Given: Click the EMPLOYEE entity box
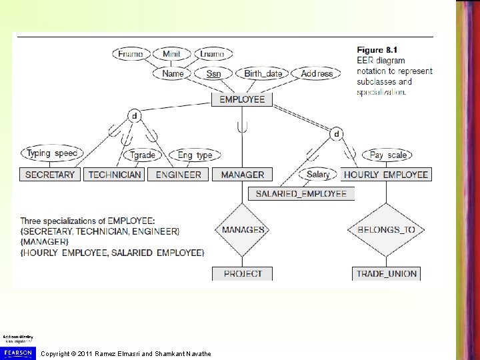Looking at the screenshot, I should tap(242, 99).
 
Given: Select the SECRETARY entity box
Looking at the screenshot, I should tap(50, 175).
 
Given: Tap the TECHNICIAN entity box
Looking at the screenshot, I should tap(115, 175).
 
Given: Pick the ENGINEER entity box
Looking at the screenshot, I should tap(179, 175).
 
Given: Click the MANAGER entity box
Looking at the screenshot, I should tap(242, 175).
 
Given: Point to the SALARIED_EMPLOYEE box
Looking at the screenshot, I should tap(301, 194).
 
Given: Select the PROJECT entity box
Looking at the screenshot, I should tap(243, 273).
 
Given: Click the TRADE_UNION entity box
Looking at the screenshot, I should tap(386, 273).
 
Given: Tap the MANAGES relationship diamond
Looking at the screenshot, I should tap(243, 230).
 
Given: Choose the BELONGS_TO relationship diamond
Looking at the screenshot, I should tap(386, 230).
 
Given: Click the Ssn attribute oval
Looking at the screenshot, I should tap(213, 73).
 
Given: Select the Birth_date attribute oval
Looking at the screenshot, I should tap(263, 73).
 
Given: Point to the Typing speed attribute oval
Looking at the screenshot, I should tap(52, 154).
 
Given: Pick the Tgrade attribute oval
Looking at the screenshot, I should tap(143, 155).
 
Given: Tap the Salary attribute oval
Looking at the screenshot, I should tap(319, 175).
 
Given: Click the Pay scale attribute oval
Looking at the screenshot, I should tap(387, 155).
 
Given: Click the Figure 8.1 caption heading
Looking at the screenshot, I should tap(377, 50).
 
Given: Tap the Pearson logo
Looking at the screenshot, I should tap(18, 351).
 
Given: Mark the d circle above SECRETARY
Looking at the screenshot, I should tap(134, 116).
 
